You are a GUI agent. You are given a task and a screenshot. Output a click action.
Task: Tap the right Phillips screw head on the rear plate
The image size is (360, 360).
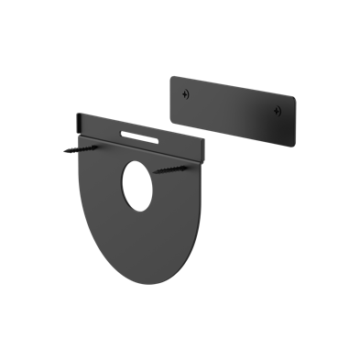(x=277, y=111)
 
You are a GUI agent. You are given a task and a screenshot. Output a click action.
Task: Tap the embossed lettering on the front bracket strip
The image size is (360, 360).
(x=138, y=138)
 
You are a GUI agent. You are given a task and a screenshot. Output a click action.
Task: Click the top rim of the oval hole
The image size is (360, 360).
(x=137, y=162)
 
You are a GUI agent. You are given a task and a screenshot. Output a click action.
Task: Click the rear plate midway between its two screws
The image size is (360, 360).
(x=233, y=104)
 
